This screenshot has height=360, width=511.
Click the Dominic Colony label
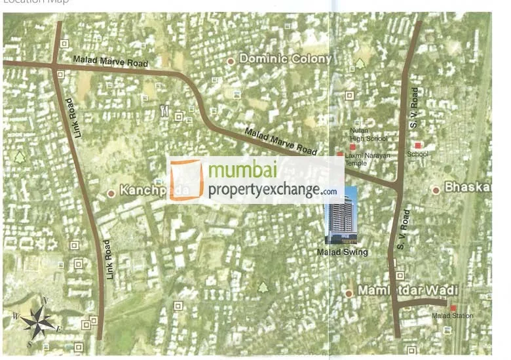point(286,59)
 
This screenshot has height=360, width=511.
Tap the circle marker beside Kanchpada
point(111,193)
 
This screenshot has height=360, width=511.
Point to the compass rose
point(37,321)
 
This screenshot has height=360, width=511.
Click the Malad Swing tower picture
point(341,215)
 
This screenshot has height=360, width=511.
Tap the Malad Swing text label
point(342,252)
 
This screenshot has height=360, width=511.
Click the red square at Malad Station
point(453,308)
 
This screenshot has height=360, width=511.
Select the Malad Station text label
point(452,317)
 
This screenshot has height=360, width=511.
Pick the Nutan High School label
point(368,134)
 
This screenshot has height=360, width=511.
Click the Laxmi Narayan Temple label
point(371,159)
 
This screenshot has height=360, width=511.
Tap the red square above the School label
point(417,145)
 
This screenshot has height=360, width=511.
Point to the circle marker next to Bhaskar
point(436,190)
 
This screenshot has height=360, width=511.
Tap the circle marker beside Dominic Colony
point(230,61)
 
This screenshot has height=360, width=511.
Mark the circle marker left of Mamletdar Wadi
point(349,293)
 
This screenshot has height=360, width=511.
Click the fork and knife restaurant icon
point(163,111)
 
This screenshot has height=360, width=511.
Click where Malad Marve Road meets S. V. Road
point(400,187)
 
